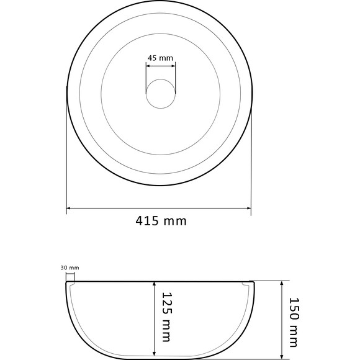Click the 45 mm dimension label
[160, 58]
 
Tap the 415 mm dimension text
[161, 221]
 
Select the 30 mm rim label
[70, 268]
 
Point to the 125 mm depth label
[167, 317]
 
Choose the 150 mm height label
[294, 322]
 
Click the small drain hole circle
[161, 94]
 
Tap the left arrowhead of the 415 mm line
[68, 208]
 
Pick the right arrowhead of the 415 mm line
[249, 208]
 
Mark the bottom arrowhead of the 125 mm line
[155, 356]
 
